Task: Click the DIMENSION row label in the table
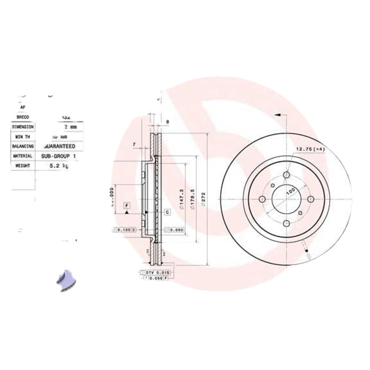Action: click(x=23, y=127)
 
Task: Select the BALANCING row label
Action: click(x=23, y=146)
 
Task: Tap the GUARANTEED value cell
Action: click(x=62, y=146)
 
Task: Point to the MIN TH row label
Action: click(x=22, y=137)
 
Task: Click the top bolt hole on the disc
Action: click(x=286, y=175)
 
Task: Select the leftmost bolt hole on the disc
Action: click(x=262, y=199)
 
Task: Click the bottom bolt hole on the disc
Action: click(x=286, y=223)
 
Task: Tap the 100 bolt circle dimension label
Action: click(x=290, y=191)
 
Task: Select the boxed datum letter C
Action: click(x=167, y=212)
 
